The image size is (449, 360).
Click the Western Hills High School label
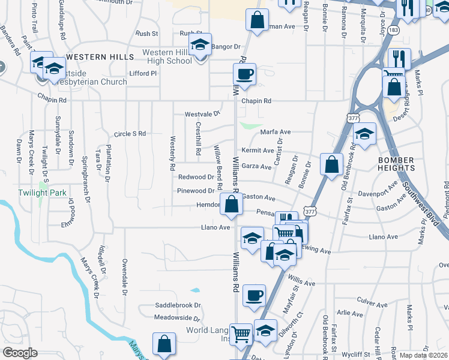pyautogui.click(x=167, y=56)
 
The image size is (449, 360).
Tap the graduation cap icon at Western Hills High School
pyautogui.click(x=200, y=44)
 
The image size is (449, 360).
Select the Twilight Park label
pyautogui.click(x=40, y=192)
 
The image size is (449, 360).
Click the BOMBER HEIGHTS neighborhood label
pyautogui.click(x=396, y=164)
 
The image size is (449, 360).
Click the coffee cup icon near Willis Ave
pyautogui.click(x=254, y=295)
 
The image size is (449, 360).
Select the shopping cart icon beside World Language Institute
pyautogui.click(x=241, y=334)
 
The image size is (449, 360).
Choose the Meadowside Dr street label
pyautogui.click(x=176, y=317)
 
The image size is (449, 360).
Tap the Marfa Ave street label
pyautogui.click(x=275, y=132)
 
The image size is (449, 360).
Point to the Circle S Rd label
pyautogui.click(x=130, y=134)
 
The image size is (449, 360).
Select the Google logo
pyautogui.click(x=20, y=353)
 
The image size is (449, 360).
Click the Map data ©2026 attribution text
pyautogui.click(x=423, y=355)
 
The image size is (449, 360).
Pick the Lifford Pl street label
pyautogui.click(x=142, y=73)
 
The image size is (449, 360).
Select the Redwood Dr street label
pyautogui.click(x=196, y=177)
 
